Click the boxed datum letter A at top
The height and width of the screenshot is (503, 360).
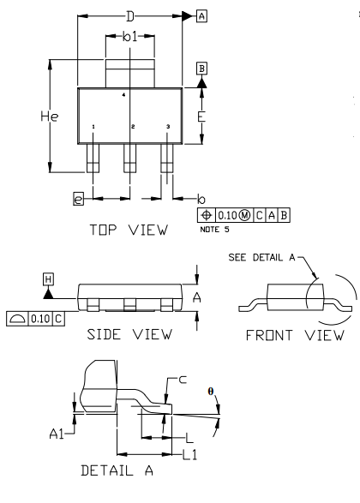201,15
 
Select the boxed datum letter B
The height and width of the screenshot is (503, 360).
201,69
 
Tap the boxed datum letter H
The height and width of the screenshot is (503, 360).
48,279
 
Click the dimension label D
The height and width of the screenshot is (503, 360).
130,16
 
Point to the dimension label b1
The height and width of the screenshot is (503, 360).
130,37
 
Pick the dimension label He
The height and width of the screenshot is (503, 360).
50,117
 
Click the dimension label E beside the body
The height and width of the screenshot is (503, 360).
201,117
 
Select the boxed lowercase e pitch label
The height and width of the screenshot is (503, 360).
78,199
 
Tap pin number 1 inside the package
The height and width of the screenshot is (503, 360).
93,127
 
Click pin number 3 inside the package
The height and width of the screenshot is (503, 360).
168,127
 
